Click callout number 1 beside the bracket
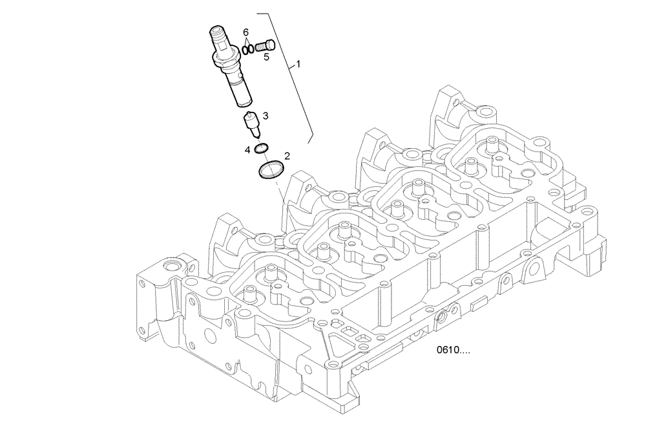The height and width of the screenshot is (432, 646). point(298,65)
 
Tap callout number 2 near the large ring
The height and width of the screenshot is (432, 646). point(287,157)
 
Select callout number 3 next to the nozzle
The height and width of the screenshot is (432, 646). point(265,116)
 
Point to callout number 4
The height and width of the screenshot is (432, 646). point(247,150)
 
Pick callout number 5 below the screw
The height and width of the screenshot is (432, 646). point(266,57)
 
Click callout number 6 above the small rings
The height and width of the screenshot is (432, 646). point(245,32)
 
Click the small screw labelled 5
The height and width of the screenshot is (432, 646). point(266,45)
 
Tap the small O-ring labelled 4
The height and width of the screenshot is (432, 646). point(260,150)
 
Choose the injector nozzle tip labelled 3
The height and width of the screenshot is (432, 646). point(252,125)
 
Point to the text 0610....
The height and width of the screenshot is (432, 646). point(453,351)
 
